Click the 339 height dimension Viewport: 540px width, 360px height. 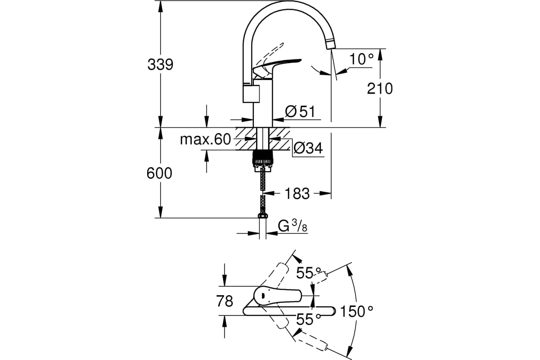click(160, 64)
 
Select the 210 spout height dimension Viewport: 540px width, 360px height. click(379, 88)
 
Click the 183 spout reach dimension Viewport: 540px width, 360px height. click(297, 193)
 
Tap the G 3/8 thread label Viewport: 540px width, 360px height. click(292, 227)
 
